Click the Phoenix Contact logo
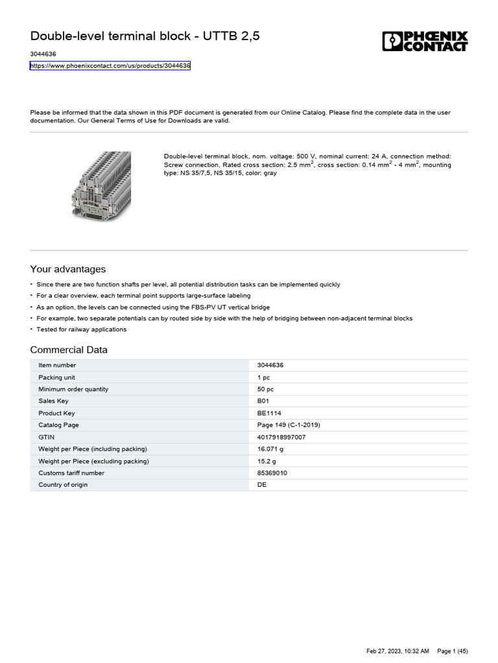click(424, 41)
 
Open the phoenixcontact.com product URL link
click(110, 66)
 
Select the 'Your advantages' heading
click(68, 269)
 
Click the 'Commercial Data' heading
click(69, 350)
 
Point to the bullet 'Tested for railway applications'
click(81, 330)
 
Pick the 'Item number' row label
click(57, 365)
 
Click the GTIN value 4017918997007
click(281, 437)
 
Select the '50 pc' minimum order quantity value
click(265, 389)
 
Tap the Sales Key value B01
click(263, 401)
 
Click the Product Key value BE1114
click(269, 413)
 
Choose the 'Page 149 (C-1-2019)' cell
click(289, 425)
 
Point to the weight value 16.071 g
click(270, 449)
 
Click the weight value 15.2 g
click(267, 461)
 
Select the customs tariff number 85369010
click(272, 473)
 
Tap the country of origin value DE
click(262, 485)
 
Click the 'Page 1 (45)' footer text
click(453, 650)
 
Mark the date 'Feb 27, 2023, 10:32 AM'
click(397, 650)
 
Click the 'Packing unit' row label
click(56, 377)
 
